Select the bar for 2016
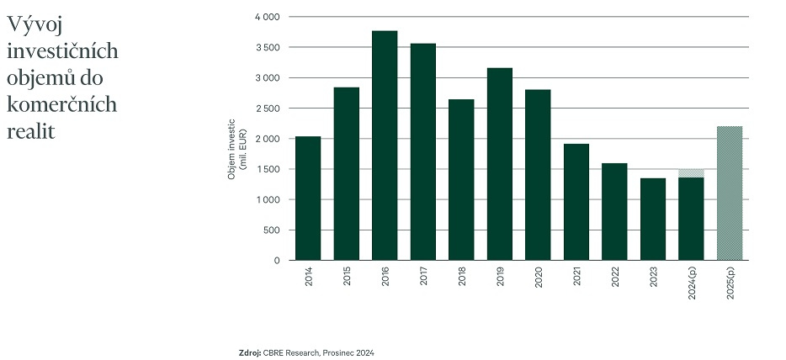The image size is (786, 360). (x=385, y=146)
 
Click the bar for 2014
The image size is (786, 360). (x=308, y=199)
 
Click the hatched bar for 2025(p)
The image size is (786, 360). (x=730, y=193)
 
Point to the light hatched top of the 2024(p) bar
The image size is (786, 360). (x=691, y=173)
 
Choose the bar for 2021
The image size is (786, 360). (x=576, y=202)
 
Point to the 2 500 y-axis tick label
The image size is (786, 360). (x=267, y=109)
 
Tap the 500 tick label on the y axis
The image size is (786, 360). (x=271, y=230)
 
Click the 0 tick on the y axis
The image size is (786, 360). (x=276, y=261)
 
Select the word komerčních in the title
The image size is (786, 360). (x=61, y=105)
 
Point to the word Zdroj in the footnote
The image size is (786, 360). (x=250, y=352)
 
